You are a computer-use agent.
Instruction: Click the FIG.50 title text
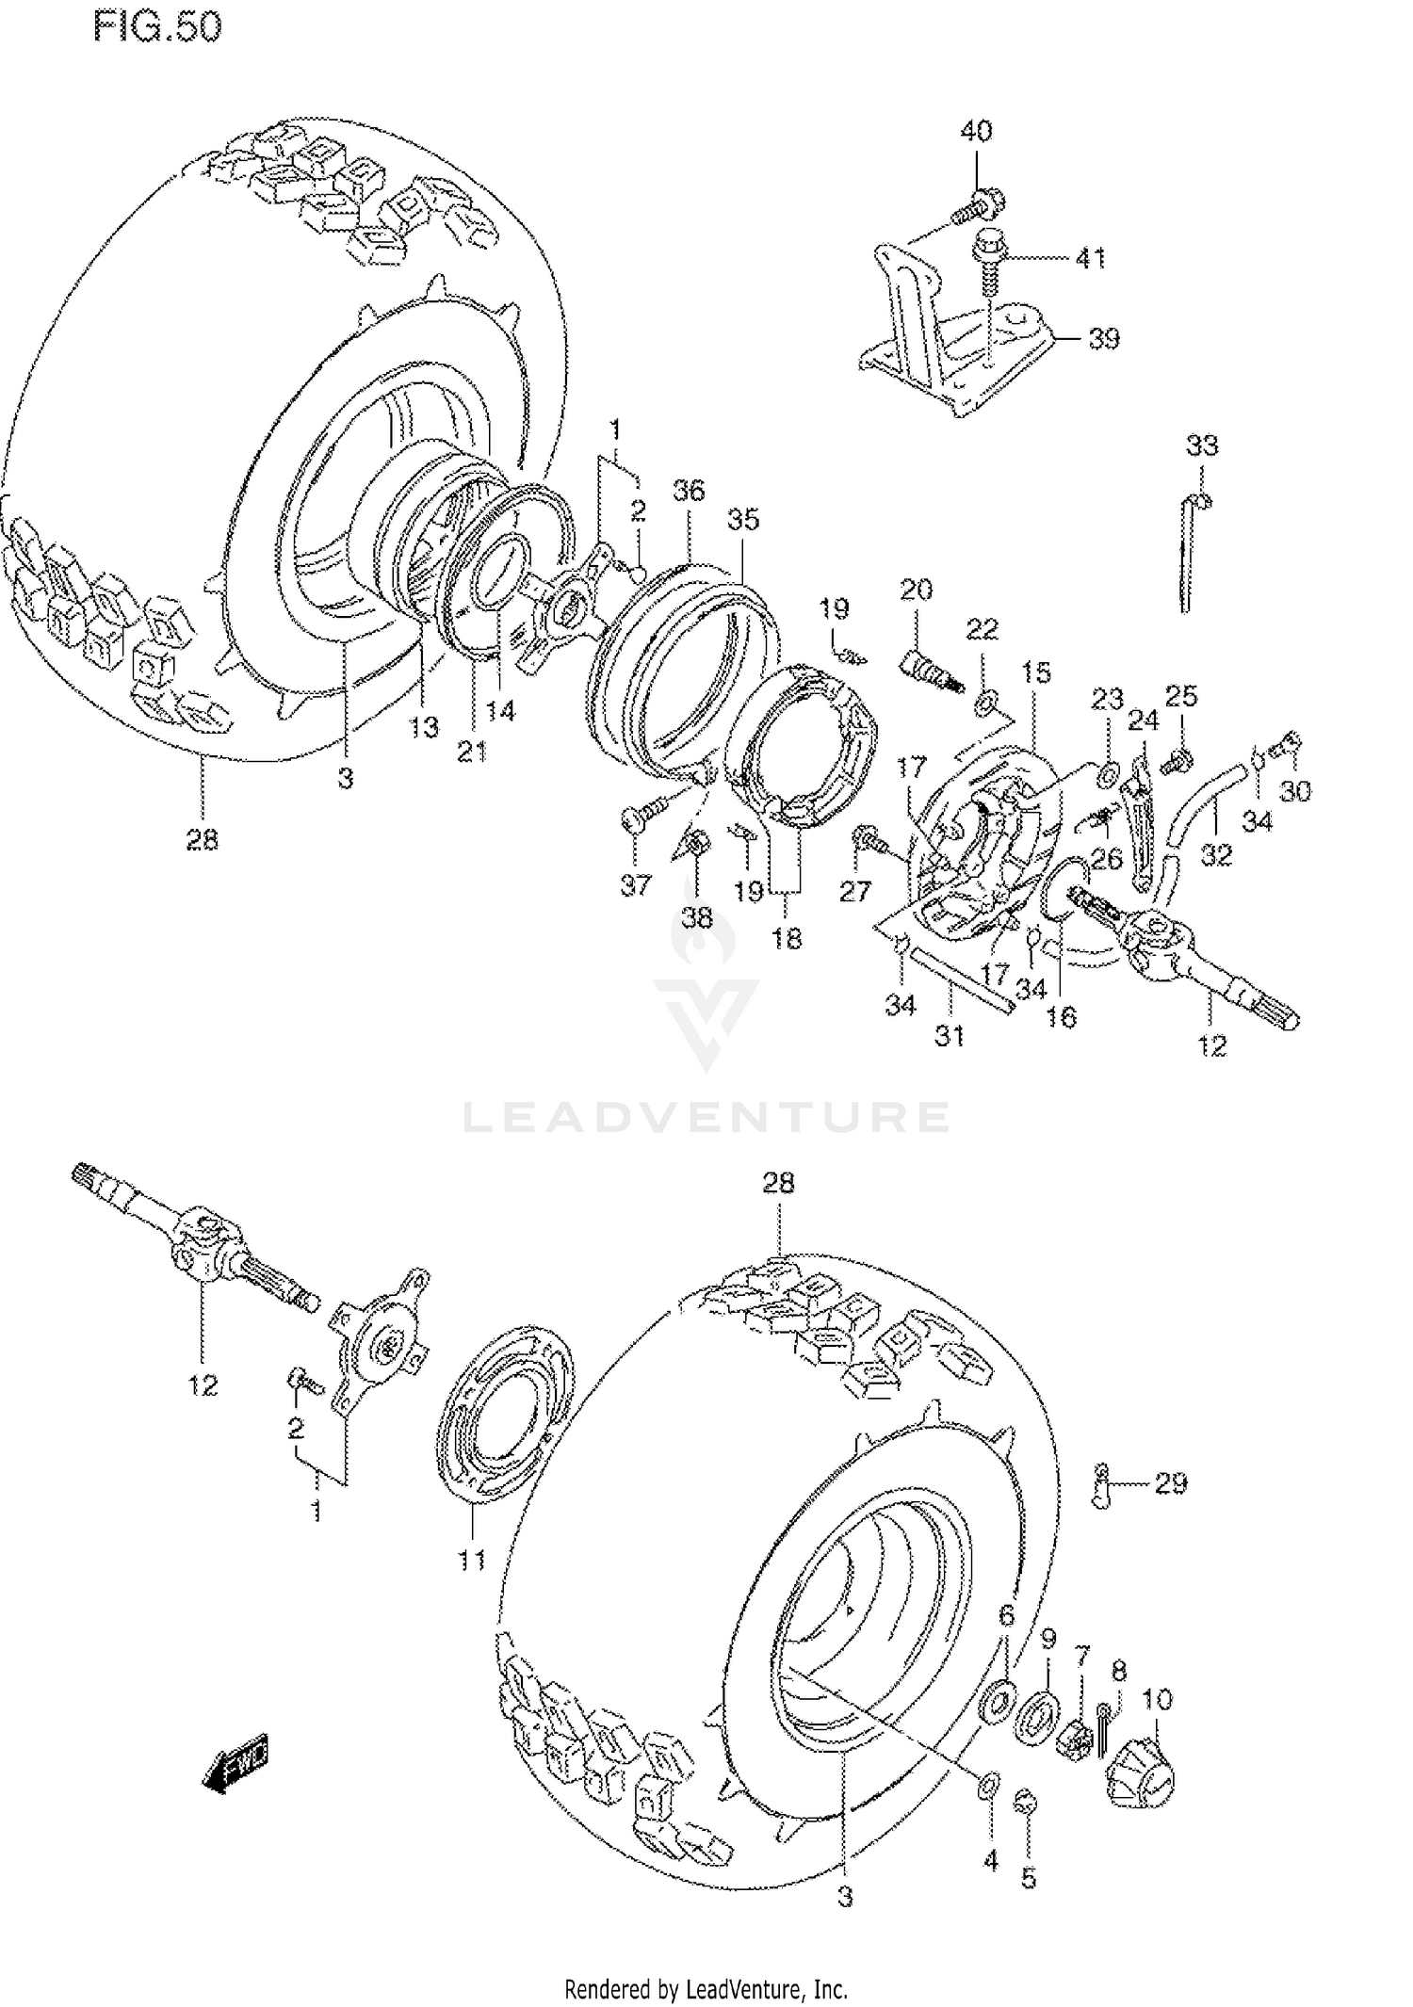point(157,27)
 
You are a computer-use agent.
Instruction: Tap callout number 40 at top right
point(976,131)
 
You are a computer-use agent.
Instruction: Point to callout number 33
point(1201,445)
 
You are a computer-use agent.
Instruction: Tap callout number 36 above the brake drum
point(689,491)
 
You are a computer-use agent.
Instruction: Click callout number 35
point(743,520)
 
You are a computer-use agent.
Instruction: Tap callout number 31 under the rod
point(950,1036)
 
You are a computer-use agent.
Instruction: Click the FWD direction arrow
point(235,1759)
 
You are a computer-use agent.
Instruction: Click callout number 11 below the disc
point(471,1561)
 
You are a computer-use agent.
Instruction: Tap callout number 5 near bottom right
point(1029,1879)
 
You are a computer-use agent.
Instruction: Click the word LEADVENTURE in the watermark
point(706,1117)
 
